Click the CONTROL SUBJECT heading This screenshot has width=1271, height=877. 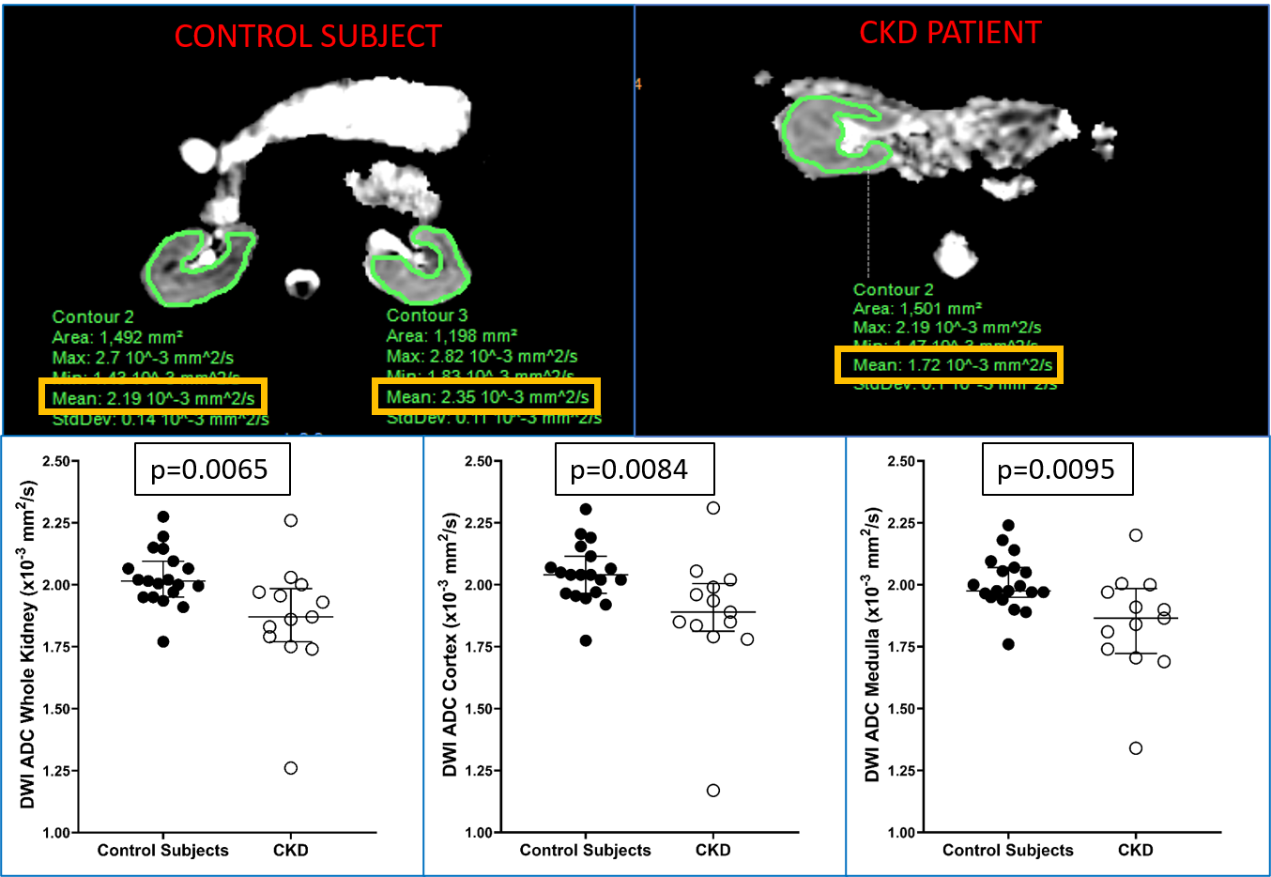(308, 37)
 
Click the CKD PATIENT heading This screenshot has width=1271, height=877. (950, 33)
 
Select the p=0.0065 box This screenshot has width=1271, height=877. (210, 469)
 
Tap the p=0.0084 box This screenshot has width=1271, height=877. (630, 469)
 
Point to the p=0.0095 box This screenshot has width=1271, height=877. (1056, 469)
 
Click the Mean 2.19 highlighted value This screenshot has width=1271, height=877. (153, 397)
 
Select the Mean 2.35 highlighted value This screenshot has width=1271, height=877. (487, 396)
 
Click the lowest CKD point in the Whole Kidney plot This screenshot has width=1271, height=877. (291, 768)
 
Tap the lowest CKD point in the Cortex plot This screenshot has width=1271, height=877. (713, 791)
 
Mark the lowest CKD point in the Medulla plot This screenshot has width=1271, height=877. (1136, 748)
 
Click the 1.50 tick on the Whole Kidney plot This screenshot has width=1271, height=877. (56, 709)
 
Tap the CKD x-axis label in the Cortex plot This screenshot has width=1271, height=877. (713, 851)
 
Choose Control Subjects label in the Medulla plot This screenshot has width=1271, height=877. (1007, 851)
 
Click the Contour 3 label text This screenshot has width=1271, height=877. (426, 315)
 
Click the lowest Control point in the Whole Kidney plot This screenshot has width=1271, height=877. (163, 641)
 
